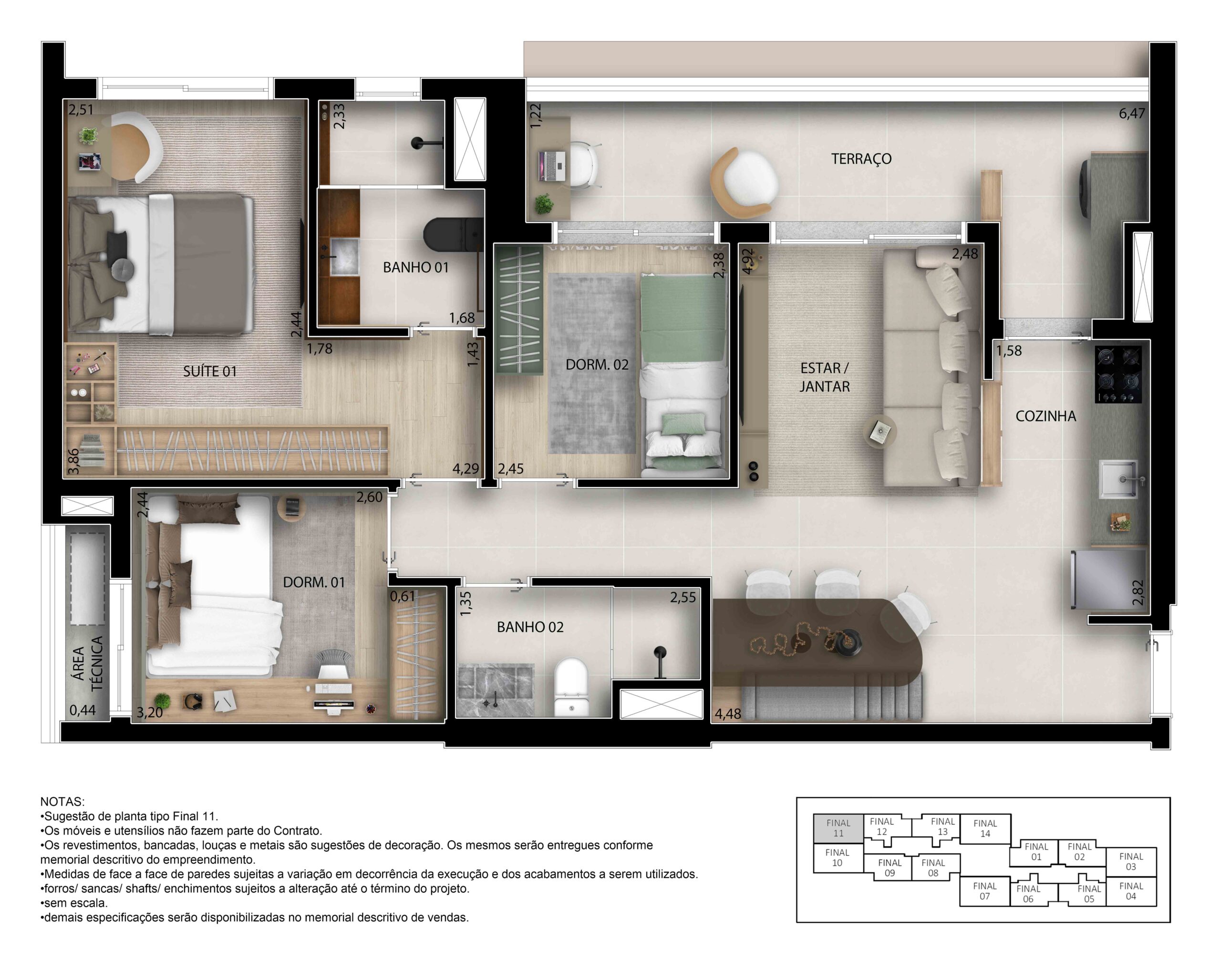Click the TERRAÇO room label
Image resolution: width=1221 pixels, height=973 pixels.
[x=861, y=159]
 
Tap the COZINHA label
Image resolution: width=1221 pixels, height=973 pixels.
[x=1045, y=416]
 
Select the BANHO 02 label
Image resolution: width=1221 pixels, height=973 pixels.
[x=530, y=627]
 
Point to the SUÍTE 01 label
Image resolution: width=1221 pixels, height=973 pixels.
[x=209, y=372]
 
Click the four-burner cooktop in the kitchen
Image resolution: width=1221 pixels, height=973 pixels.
[x=1118, y=374]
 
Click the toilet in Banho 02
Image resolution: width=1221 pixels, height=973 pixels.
[x=571, y=687]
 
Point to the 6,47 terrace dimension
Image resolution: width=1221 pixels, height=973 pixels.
[x=1131, y=113]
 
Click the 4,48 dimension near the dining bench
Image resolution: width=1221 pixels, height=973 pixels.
[x=728, y=714]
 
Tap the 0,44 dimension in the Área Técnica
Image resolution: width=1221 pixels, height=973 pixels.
[x=83, y=710]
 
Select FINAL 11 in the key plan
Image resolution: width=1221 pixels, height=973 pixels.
[x=838, y=828]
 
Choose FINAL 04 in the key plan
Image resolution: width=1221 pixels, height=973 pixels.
[x=1131, y=891]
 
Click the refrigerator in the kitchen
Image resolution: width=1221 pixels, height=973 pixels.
[x=1108, y=580]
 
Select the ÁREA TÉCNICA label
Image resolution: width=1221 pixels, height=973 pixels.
[x=88, y=662]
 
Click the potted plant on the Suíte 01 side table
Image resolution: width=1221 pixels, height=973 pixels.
[x=88, y=135]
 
